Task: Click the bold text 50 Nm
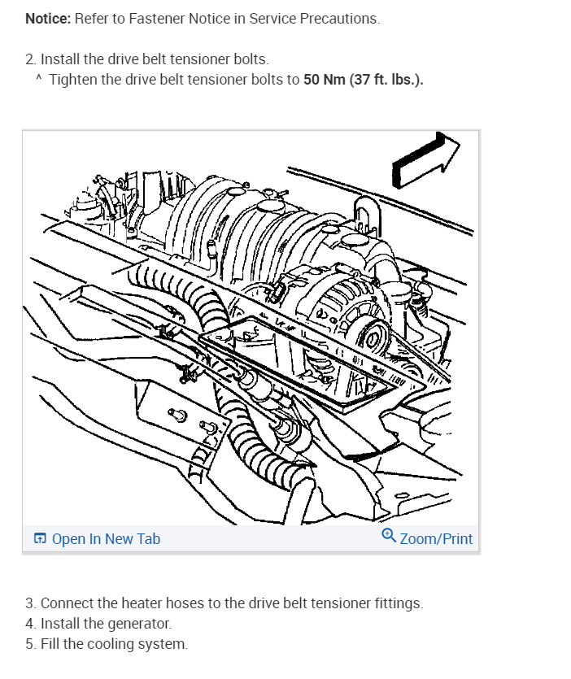324,80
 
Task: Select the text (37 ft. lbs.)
386,80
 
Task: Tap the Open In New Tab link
106,539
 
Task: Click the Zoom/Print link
436,539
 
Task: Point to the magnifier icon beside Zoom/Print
389,537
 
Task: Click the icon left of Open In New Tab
40,539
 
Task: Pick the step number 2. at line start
31,59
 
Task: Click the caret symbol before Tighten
38,80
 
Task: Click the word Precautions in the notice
342,19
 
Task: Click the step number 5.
31,645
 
